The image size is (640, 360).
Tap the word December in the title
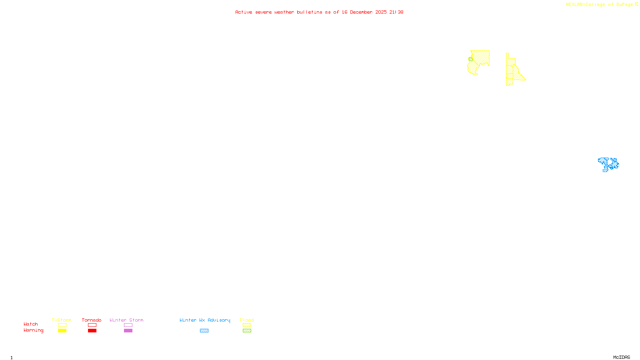(361, 12)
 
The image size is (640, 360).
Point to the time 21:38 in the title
(396, 12)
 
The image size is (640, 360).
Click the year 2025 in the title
(381, 12)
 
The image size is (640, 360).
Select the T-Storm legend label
(62, 320)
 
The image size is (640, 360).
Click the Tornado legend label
(92, 320)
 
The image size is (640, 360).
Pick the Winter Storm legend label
(126, 320)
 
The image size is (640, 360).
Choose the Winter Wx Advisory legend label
(205, 320)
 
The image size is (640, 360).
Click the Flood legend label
(247, 320)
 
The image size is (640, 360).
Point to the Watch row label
(31, 324)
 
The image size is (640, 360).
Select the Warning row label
(33, 330)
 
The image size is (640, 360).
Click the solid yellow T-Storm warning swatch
(62, 331)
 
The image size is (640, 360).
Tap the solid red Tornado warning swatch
(92, 331)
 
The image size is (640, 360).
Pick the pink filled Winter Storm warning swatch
(128, 331)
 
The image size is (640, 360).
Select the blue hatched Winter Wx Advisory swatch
(204, 331)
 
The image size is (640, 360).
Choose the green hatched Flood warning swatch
(247, 331)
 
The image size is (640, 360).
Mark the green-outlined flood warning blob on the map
(471, 60)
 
